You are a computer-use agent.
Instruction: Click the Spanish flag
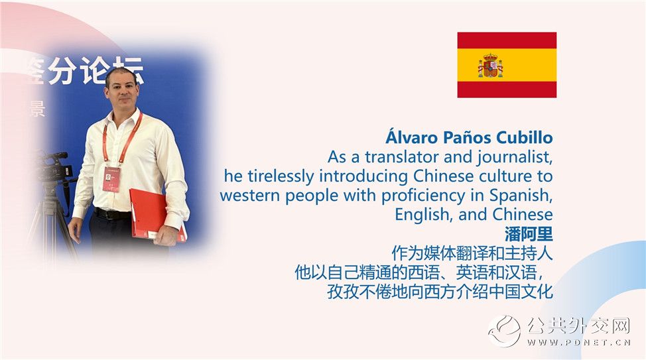507,65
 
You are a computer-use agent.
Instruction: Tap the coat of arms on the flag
490,66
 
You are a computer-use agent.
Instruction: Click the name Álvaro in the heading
412,137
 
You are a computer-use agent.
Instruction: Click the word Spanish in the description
521,195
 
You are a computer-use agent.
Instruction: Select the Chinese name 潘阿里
529,235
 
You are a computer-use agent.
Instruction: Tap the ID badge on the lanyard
111,179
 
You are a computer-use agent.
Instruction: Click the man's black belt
112,214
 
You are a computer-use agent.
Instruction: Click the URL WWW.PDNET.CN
579,342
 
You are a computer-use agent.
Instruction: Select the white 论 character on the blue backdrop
96,71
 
